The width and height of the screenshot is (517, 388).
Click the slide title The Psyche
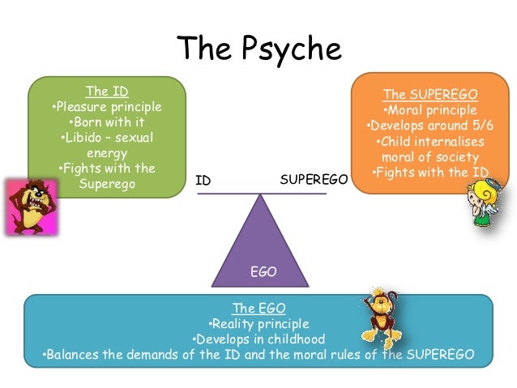259,49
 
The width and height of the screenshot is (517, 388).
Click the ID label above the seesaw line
203,181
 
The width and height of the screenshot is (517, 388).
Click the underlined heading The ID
107,91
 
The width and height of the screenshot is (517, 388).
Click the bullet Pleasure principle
107,107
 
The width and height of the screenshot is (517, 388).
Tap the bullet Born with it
107,122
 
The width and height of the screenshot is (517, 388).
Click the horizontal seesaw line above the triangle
259,194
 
